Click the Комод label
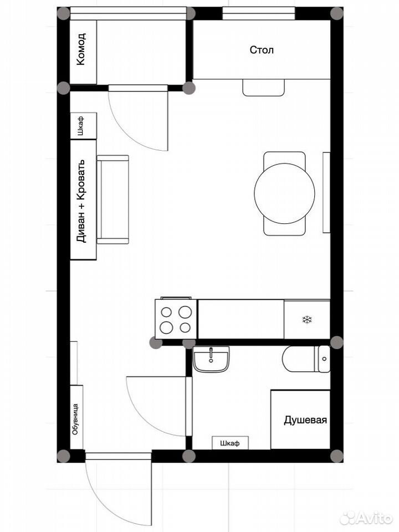81,49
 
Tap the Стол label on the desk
262,50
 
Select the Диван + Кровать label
82,201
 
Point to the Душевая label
305,421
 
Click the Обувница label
75,419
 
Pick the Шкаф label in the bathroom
229,443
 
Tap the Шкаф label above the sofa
80,126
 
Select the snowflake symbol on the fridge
307,320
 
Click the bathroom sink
211,359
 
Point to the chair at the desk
264,88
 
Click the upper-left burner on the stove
166,312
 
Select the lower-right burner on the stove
185,328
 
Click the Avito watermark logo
366,518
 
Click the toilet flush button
324,359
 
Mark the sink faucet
211,354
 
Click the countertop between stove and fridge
241,319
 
